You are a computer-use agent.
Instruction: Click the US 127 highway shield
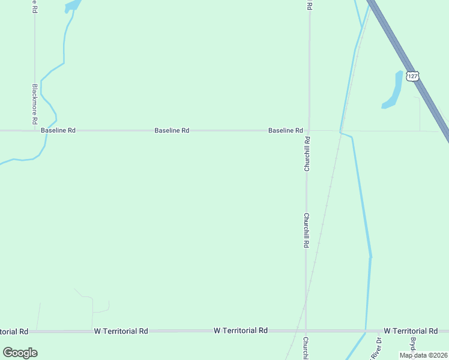412,76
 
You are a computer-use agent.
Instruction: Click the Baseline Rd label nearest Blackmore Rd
58,130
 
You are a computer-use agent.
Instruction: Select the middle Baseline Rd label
172,130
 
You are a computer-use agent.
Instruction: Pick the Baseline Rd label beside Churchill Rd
285,130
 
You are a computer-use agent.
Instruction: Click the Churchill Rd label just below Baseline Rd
307,155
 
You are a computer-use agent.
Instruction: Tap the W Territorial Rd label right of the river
411,331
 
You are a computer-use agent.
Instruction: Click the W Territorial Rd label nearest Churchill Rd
241,331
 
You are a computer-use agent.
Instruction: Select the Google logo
20,353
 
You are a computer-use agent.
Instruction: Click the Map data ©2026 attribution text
423,355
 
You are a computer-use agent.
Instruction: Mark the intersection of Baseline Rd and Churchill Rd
309,130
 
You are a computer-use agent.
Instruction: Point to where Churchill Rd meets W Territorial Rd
306,331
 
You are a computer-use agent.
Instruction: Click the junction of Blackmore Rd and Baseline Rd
35,130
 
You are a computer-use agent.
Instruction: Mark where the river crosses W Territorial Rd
366,331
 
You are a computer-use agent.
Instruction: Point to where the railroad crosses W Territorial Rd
295,331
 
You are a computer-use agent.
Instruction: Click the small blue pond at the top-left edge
71,5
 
